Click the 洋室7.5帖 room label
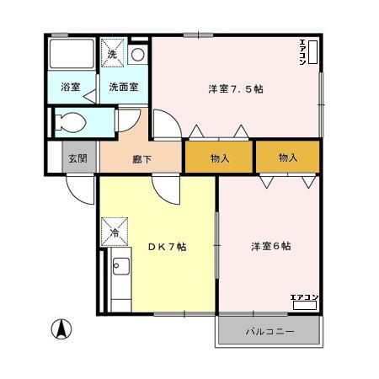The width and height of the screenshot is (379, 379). point(235,89)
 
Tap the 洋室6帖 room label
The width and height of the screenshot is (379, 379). point(270,247)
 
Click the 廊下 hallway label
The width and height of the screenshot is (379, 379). point(141,157)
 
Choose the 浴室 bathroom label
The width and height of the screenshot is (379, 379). point(70,87)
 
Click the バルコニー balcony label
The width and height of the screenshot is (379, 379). point(270,331)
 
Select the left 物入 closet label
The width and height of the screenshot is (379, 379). point(219,157)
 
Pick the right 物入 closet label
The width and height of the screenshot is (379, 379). point(288,157)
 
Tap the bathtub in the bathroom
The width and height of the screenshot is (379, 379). point(72,55)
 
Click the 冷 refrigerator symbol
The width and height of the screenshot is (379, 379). point(112,232)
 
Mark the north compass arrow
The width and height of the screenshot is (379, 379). point(61,329)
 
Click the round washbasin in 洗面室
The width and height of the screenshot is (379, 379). point(138,55)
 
